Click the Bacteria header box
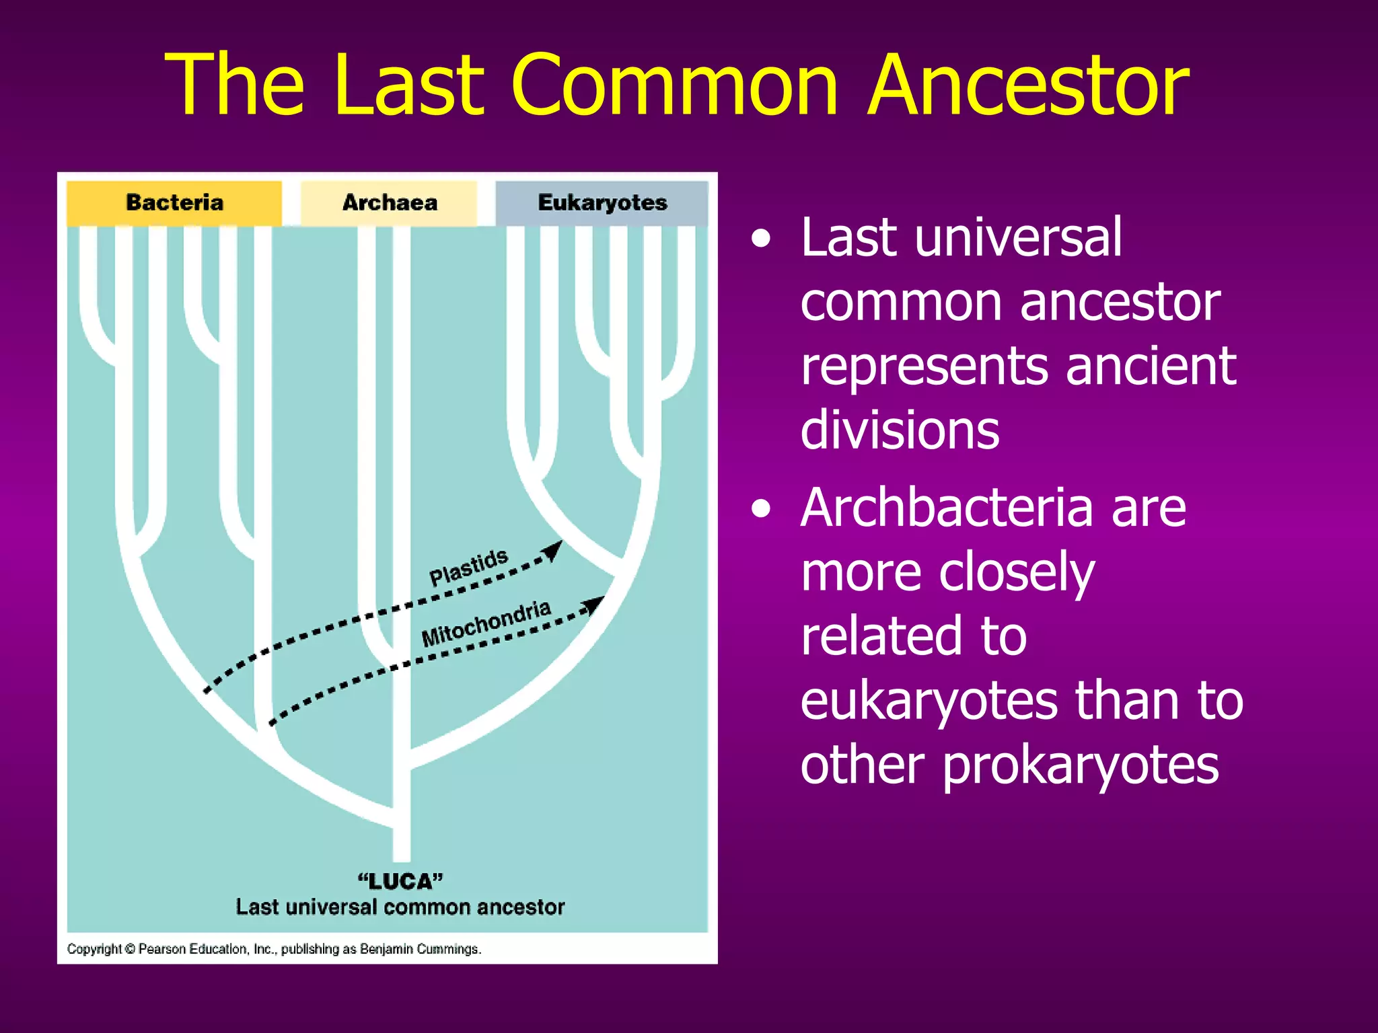pyautogui.click(x=174, y=202)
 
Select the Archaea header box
pyautogui.click(x=389, y=202)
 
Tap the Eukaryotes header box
pyautogui.click(x=602, y=202)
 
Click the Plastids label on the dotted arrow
pyautogui.click(x=468, y=567)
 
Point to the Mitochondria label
pyautogui.click(x=486, y=623)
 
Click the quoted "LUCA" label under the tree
pyautogui.click(x=400, y=881)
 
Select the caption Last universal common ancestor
pyautogui.click(x=400, y=907)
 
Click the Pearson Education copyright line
pyautogui.click(x=274, y=949)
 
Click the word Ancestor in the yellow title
pyautogui.click(x=1028, y=85)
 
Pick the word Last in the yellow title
pyautogui.click(x=408, y=85)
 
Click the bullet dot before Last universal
pyautogui.click(x=761, y=239)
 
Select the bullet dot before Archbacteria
pyautogui.click(x=761, y=509)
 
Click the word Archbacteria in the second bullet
pyautogui.click(x=946, y=508)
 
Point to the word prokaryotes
pyautogui.click(x=1080, y=767)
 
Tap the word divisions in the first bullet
pyautogui.click(x=900, y=430)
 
